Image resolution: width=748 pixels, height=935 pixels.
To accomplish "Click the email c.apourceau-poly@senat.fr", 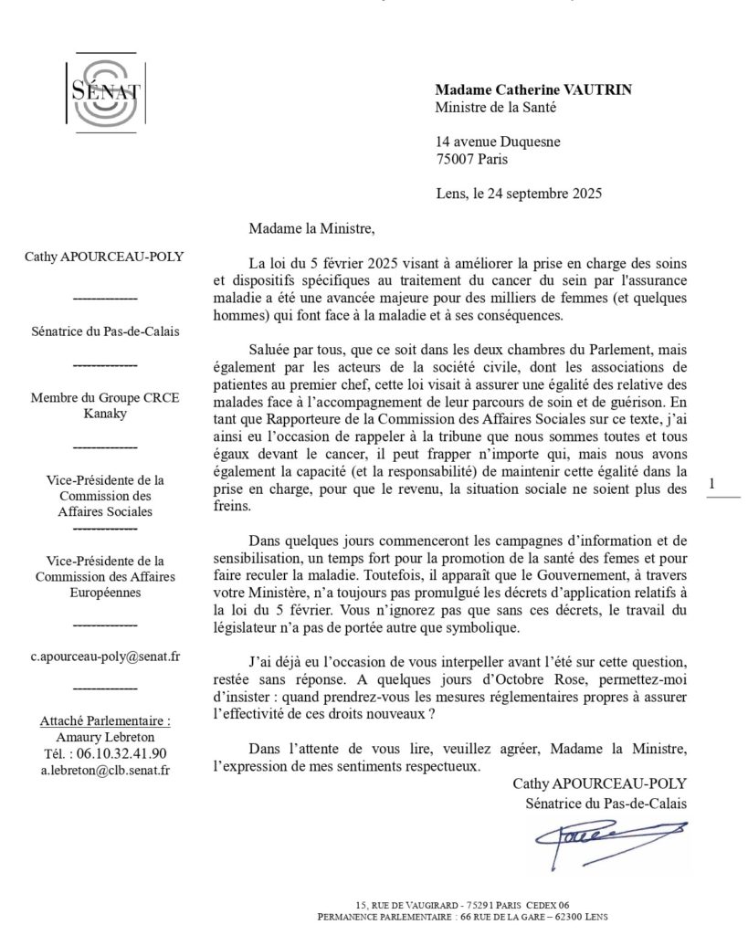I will coord(103,656).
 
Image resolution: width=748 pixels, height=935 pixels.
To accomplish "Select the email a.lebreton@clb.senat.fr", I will coord(103,770).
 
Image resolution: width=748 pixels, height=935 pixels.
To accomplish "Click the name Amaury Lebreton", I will coord(103,737).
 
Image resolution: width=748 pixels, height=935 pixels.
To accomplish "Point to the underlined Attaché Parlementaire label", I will coord(103,720).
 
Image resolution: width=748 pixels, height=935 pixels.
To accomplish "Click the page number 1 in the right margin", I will coord(712,484).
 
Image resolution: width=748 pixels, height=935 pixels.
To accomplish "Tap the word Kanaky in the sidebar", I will coord(103,415).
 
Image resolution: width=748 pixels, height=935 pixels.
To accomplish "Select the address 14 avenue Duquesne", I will coord(498,142).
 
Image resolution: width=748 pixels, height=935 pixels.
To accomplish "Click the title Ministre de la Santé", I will coord(495,107).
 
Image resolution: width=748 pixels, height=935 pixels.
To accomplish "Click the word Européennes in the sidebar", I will coord(103,593).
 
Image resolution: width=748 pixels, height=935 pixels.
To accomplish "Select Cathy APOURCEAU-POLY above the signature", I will coord(598,783).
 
